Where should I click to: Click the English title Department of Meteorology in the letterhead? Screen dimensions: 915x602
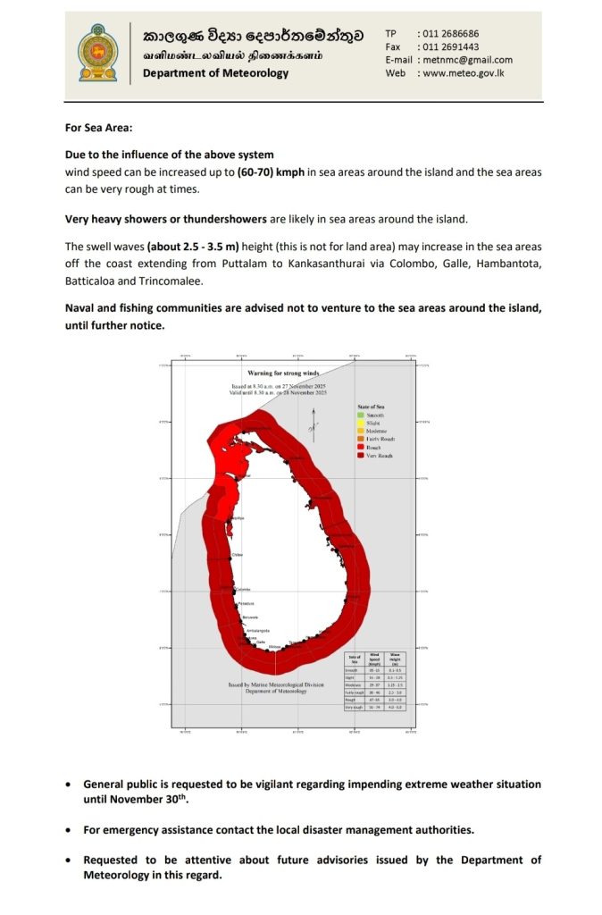pos(215,73)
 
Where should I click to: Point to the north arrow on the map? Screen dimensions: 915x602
pos(313,421)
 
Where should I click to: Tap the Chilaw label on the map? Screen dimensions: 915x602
pos(238,555)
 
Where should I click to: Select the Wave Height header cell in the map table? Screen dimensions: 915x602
pos(395,659)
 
